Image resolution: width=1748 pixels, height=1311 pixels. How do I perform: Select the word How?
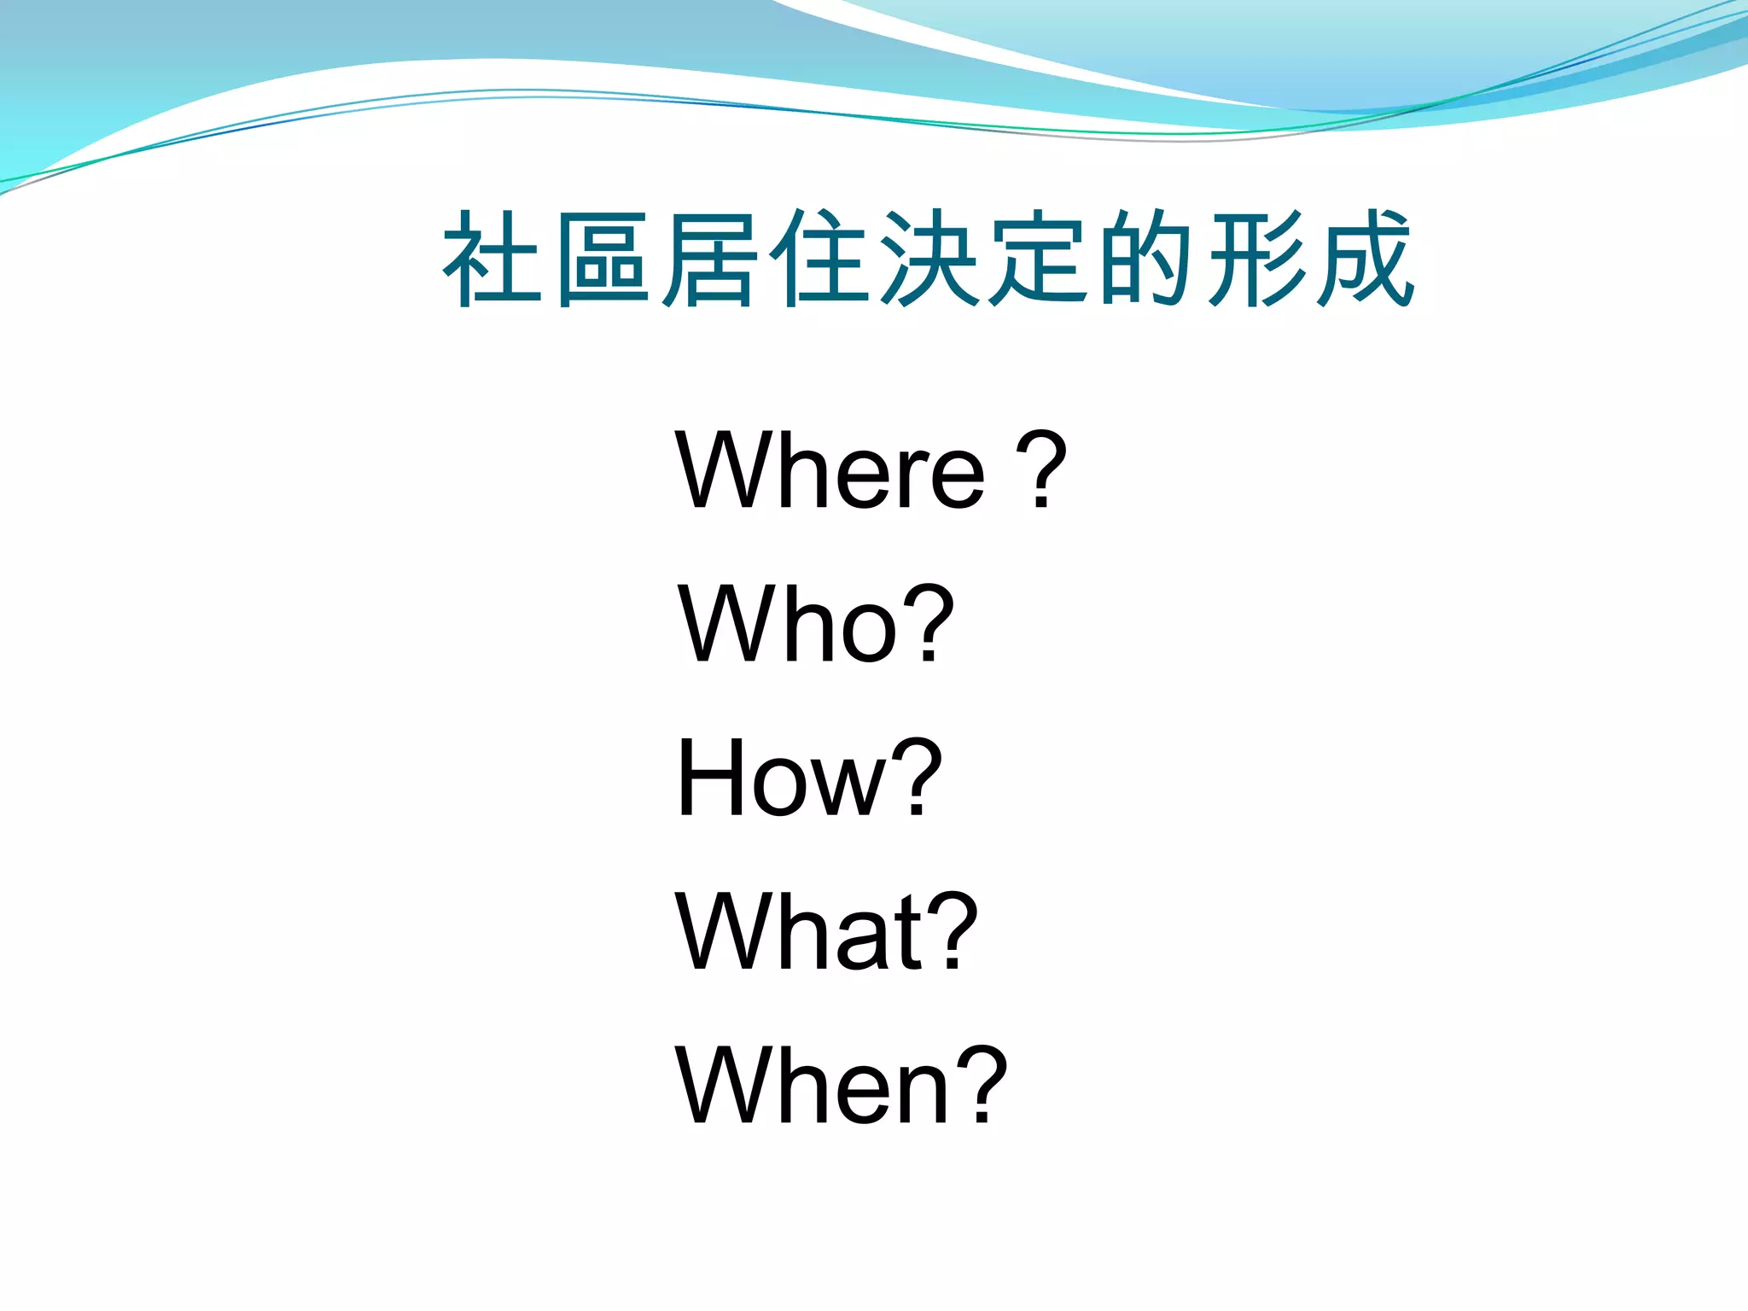point(782,778)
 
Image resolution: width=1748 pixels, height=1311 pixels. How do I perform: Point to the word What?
point(799,931)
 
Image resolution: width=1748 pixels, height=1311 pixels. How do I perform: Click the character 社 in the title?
point(492,258)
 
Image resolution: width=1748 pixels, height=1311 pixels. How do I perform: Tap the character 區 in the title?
point(603,258)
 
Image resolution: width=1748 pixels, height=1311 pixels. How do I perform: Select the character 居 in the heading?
point(710,258)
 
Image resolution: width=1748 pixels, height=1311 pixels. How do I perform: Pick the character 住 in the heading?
point(819,258)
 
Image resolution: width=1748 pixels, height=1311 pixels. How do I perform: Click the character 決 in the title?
point(929,258)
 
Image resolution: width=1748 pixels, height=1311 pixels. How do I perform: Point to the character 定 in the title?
point(1038,258)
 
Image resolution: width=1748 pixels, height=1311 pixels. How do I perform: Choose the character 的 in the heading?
point(1146,258)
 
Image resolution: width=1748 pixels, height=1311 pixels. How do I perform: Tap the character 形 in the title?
point(1256,258)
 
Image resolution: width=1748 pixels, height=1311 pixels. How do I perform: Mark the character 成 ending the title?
point(1365,258)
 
